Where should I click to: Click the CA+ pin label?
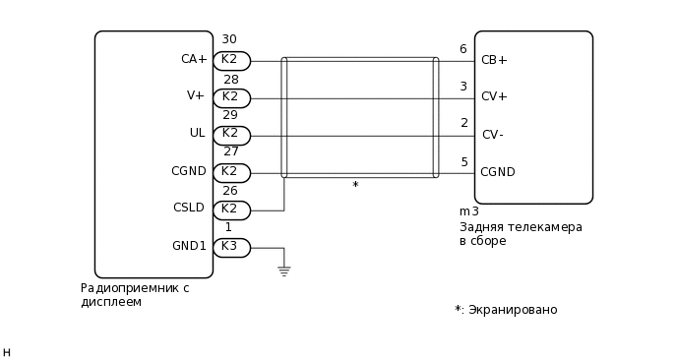click(x=194, y=59)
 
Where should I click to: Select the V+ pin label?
click(x=196, y=95)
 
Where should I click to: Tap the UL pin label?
click(x=197, y=133)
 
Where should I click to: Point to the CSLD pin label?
click(x=189, y=208)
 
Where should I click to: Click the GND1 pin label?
click(x=189, y=246)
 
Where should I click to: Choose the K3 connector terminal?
click(x=231, y=247)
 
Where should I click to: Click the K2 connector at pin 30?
click(x=231, y=60)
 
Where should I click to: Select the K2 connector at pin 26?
click(x=231, y=210)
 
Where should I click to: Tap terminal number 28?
click(x=230, y=79)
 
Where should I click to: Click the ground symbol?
click(x=283, y=270)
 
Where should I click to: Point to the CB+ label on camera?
click(x=494, y=60)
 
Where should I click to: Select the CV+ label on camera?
click(x=494, y=96)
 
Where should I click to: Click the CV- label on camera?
click(x=492, y=135)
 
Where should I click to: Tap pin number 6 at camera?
click(x=463, y=49)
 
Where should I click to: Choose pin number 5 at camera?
click(x=463, y=162)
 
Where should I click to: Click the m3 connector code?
click(x=469, y=211)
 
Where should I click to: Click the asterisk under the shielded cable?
click(x=355, y=185)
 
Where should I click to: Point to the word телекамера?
click(x=544, y=227)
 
